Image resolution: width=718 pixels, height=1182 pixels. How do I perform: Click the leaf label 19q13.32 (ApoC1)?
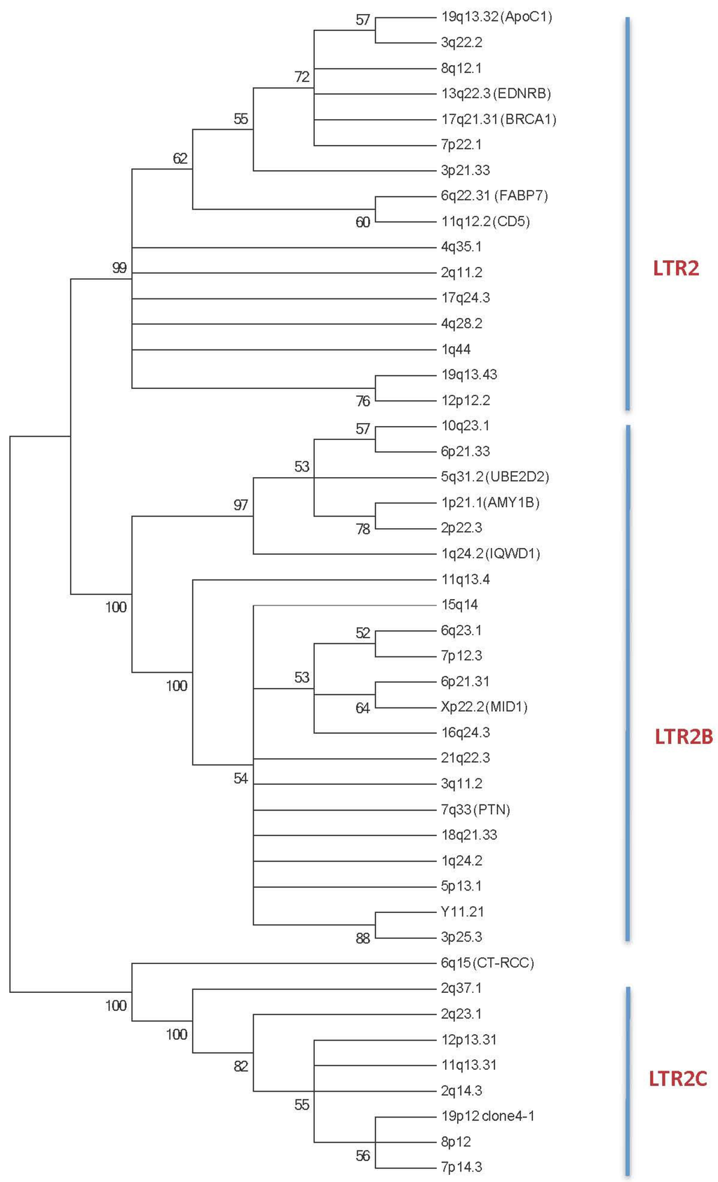coord(496,17)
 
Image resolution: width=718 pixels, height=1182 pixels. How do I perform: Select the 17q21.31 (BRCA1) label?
coord(499,119)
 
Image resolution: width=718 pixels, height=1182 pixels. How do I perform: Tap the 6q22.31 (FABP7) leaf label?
coord(494,195)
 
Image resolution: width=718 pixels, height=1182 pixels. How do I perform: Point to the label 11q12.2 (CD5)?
coord(485,221)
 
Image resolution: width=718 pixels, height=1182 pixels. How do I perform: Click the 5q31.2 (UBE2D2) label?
coord(495,477)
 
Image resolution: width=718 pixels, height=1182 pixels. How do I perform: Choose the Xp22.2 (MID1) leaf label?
coord(484,707)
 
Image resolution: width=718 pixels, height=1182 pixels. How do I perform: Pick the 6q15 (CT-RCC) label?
coord(487,963)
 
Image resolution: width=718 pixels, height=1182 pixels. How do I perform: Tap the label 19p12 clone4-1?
coord(487,1116)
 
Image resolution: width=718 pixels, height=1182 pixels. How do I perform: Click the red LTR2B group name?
coord(684,737)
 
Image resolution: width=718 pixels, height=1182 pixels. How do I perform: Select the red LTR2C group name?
coord(678,1078)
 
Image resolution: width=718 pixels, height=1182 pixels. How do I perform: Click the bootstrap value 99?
coord(119,268)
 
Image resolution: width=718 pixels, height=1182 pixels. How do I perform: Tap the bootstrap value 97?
coord(241,505)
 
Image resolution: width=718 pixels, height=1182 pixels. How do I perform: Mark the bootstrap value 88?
coord(363,939)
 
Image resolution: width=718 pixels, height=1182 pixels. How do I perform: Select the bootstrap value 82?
coord(241,1066)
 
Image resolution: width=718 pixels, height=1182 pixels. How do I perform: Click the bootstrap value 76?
coord(363,401)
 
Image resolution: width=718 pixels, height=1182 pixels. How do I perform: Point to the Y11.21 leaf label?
coord(462,912)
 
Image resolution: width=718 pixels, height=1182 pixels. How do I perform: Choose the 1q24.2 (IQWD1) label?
coord(490,554)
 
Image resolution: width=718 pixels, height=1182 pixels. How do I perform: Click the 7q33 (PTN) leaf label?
coord(475,810)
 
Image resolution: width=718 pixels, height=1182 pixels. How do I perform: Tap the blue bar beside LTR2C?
coord(628,1079)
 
